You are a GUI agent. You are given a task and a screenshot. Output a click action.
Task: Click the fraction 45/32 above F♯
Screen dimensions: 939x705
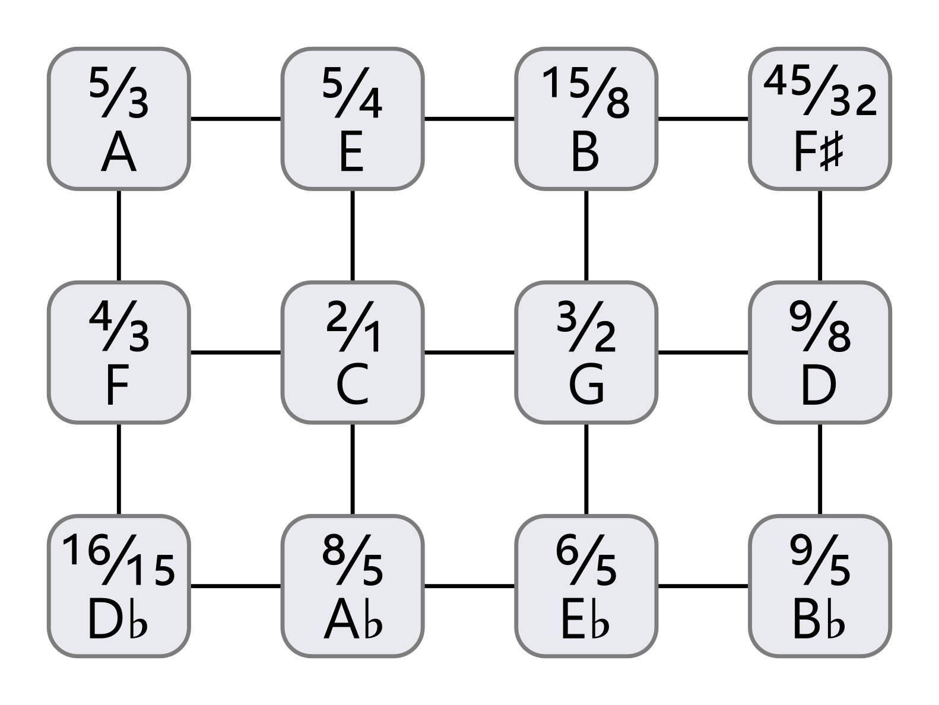[820, 91]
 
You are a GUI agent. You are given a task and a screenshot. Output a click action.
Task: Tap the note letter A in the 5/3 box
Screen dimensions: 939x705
[119, 151]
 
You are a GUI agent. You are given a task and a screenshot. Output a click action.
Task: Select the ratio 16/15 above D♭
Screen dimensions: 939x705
[119, 559]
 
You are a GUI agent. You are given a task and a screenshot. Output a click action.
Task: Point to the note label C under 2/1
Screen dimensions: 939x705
[352, 384]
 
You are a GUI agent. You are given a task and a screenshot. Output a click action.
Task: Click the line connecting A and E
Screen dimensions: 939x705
[235, 119]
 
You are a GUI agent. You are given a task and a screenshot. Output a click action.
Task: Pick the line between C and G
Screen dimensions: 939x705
[469, 352]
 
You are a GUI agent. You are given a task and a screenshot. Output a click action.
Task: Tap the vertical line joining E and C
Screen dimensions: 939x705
[352, 235]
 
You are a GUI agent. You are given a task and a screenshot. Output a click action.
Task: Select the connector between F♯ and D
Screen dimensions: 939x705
[820, 235]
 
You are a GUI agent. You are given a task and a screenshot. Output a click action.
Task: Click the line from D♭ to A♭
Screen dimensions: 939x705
[235, 586]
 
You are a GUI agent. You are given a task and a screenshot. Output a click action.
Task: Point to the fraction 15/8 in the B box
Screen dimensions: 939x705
[586, 91]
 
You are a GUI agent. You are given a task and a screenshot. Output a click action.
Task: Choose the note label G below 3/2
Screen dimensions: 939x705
[586, 384]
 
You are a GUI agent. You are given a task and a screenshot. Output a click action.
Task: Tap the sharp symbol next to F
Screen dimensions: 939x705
[832, 152]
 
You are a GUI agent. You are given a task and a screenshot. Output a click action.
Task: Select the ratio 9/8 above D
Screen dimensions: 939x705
[820, 326]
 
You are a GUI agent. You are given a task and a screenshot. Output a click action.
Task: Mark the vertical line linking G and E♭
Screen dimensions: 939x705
[586, 469]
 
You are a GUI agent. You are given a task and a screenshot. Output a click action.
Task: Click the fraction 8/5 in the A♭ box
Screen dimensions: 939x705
[352, 559]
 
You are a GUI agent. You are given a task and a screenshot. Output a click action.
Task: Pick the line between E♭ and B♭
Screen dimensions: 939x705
[703, 586]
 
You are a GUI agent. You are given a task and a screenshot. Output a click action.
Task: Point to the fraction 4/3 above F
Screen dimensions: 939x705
[119, 326]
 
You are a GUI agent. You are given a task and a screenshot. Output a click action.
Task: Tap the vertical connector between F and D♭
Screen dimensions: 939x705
[119, 469]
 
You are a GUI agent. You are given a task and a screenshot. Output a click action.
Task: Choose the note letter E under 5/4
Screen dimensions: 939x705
[351, 151]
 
